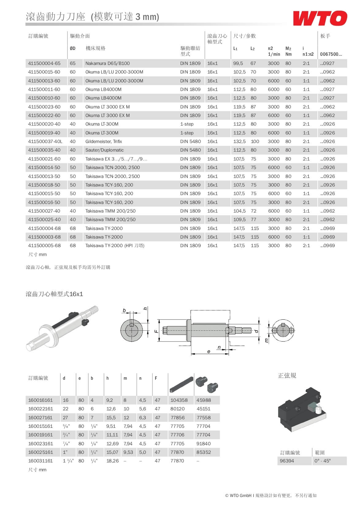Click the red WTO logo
(320, 18)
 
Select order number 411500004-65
(44, 63)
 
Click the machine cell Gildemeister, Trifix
(103, 141)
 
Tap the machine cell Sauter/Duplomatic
(104, 150)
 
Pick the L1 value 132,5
(239, 141)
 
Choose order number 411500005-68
(44, 246)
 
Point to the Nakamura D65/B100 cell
(107, 63)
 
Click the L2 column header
(252, 48)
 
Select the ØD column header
(72, 48)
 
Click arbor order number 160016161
(40, 400)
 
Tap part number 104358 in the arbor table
(179, 400)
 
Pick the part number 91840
(203, 444)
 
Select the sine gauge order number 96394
(287, 461)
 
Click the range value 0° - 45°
(322, 461)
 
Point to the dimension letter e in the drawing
(209, 352)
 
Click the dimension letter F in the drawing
(156, 331)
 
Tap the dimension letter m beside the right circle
(266, 340)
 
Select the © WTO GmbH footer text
(238, 495)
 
